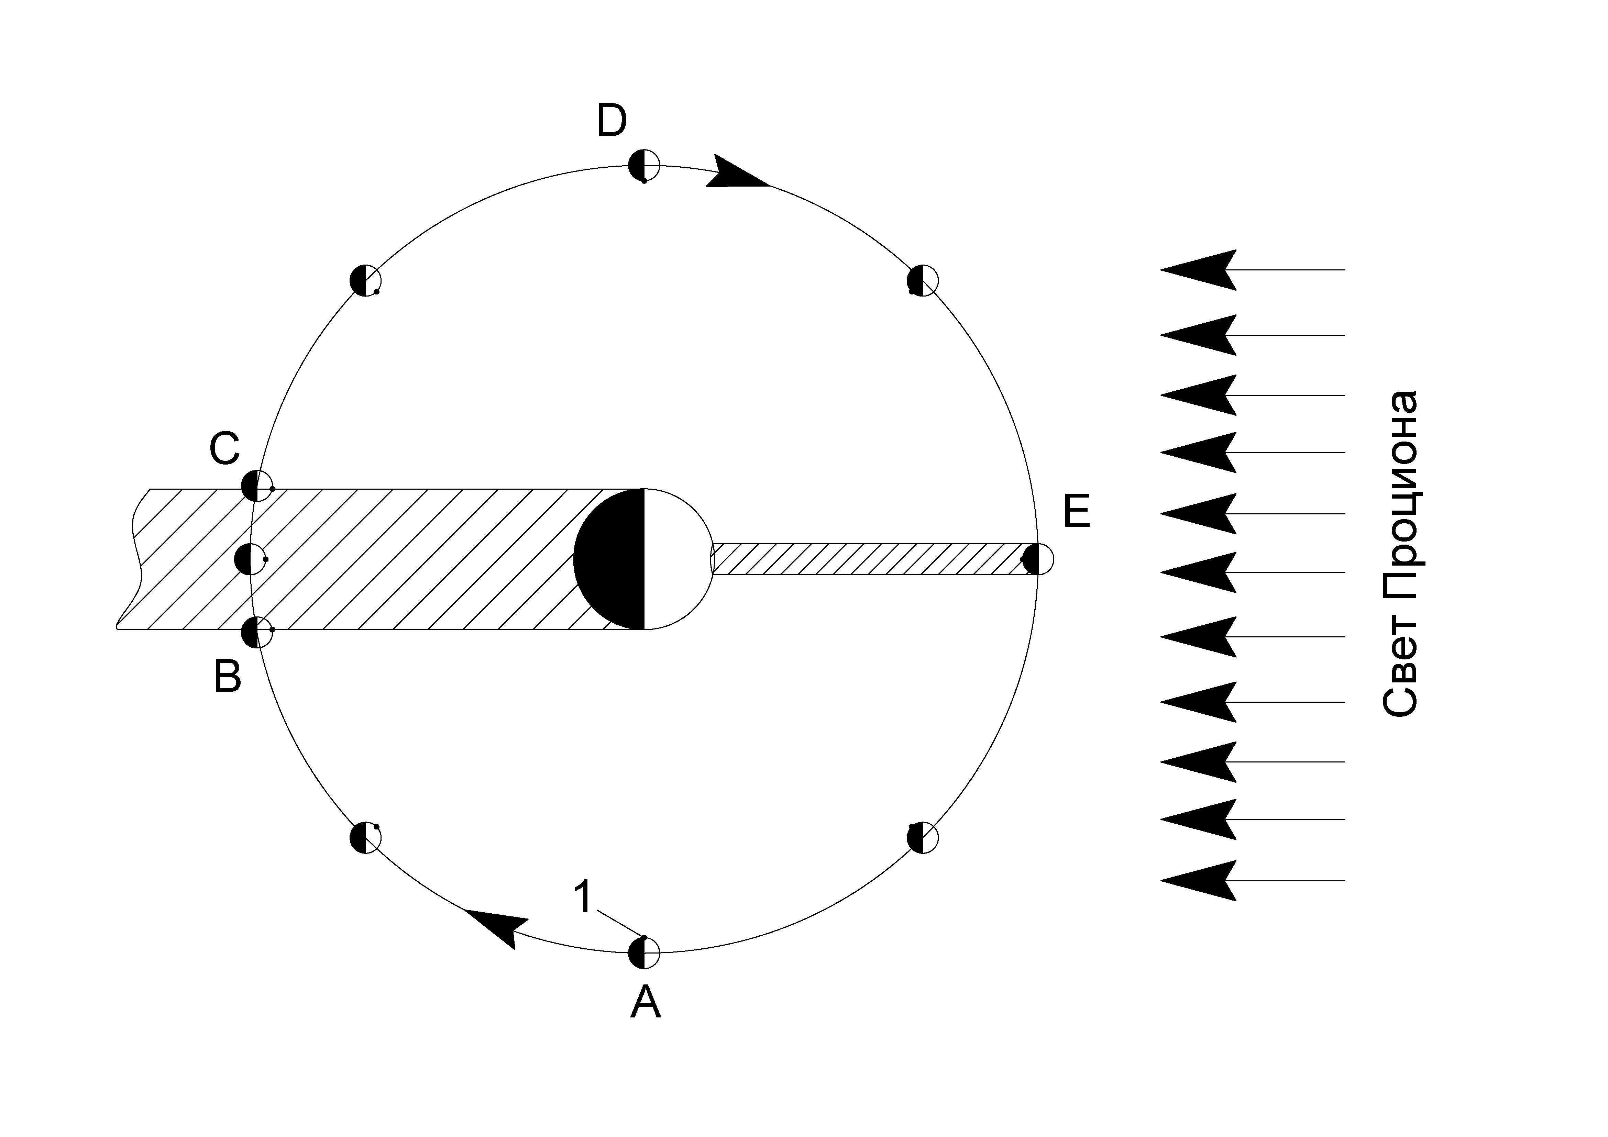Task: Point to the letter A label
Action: click(x=645, y=1002)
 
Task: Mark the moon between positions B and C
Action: click(x=250, y=559)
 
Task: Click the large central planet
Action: click(x=643, y=559)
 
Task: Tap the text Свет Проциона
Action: click(x=1401, y=553)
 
